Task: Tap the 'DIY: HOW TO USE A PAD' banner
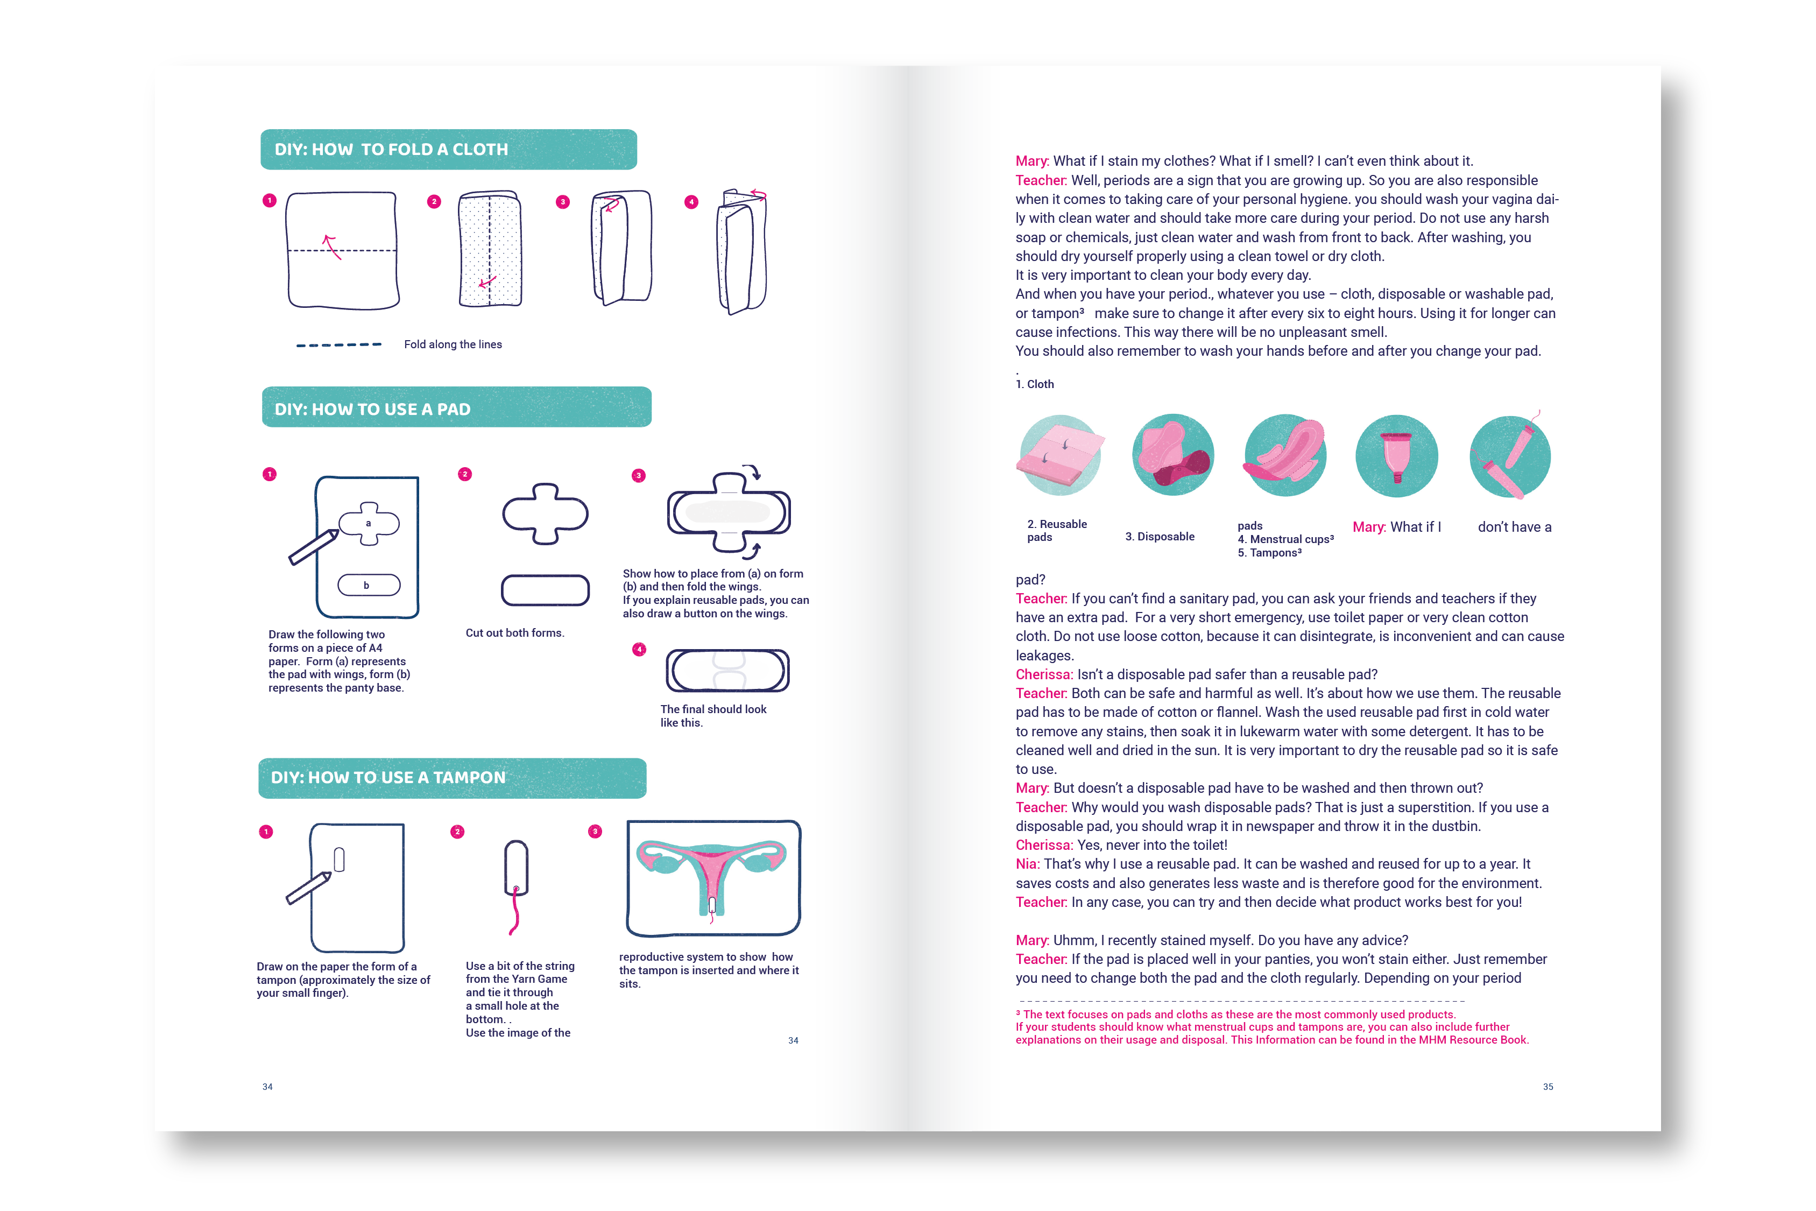click(456, 407)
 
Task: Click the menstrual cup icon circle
click(1397, 456)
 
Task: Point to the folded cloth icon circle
click(1060, 456)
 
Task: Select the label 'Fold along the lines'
click(453, 344)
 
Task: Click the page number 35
click(1548, 1087)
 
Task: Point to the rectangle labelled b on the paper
click(368, 586)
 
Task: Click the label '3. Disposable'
click(1159, 537)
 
